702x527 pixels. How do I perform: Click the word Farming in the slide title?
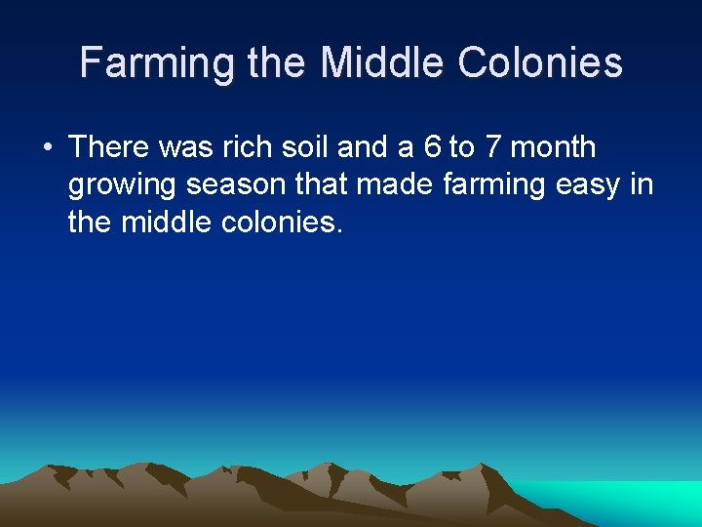tap(156, 63)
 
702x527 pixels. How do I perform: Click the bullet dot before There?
tap(47, 148)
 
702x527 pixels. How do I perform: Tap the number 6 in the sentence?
tap(432, 147)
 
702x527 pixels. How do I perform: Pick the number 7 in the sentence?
tap(492, 147)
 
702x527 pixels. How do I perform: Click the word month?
tap(553, 147)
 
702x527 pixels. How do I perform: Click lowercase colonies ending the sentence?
tap(282, 223)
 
